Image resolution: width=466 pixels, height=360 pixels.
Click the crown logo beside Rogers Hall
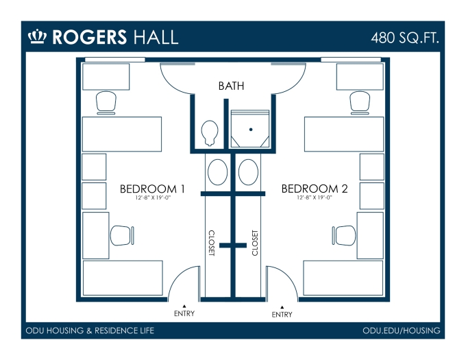(38, 36)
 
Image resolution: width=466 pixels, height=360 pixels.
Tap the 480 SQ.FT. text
(405, 38)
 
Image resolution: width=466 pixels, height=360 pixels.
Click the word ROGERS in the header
(90, 37)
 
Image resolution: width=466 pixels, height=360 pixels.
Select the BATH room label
(231, 86)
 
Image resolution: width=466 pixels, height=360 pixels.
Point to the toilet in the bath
(210, 133)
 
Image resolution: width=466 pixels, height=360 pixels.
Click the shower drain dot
(251, 130)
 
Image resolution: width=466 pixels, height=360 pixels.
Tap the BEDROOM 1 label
(152, 189)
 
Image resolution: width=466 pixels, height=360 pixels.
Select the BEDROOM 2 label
(315, 189)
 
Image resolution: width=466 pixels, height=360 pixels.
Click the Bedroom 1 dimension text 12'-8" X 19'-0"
(153, 197)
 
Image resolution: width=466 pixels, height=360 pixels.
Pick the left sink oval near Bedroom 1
(217, 172)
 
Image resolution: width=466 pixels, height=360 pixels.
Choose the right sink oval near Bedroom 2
(249, 172)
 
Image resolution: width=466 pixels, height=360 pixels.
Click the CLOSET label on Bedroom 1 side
(211, 243)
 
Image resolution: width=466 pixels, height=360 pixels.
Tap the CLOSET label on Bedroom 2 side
(255, 243)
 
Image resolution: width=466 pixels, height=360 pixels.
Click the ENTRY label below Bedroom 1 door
(184, 313)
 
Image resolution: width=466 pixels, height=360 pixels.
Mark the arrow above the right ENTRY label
(282, 307)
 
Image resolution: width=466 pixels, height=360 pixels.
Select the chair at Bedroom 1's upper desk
(106, 103)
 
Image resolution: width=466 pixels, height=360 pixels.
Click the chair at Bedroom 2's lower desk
(344, 235)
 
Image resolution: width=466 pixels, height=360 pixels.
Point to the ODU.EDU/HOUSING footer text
(401, 331)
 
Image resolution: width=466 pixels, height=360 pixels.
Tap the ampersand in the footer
(89, 331)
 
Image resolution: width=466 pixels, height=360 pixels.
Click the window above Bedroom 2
(351, 60)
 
